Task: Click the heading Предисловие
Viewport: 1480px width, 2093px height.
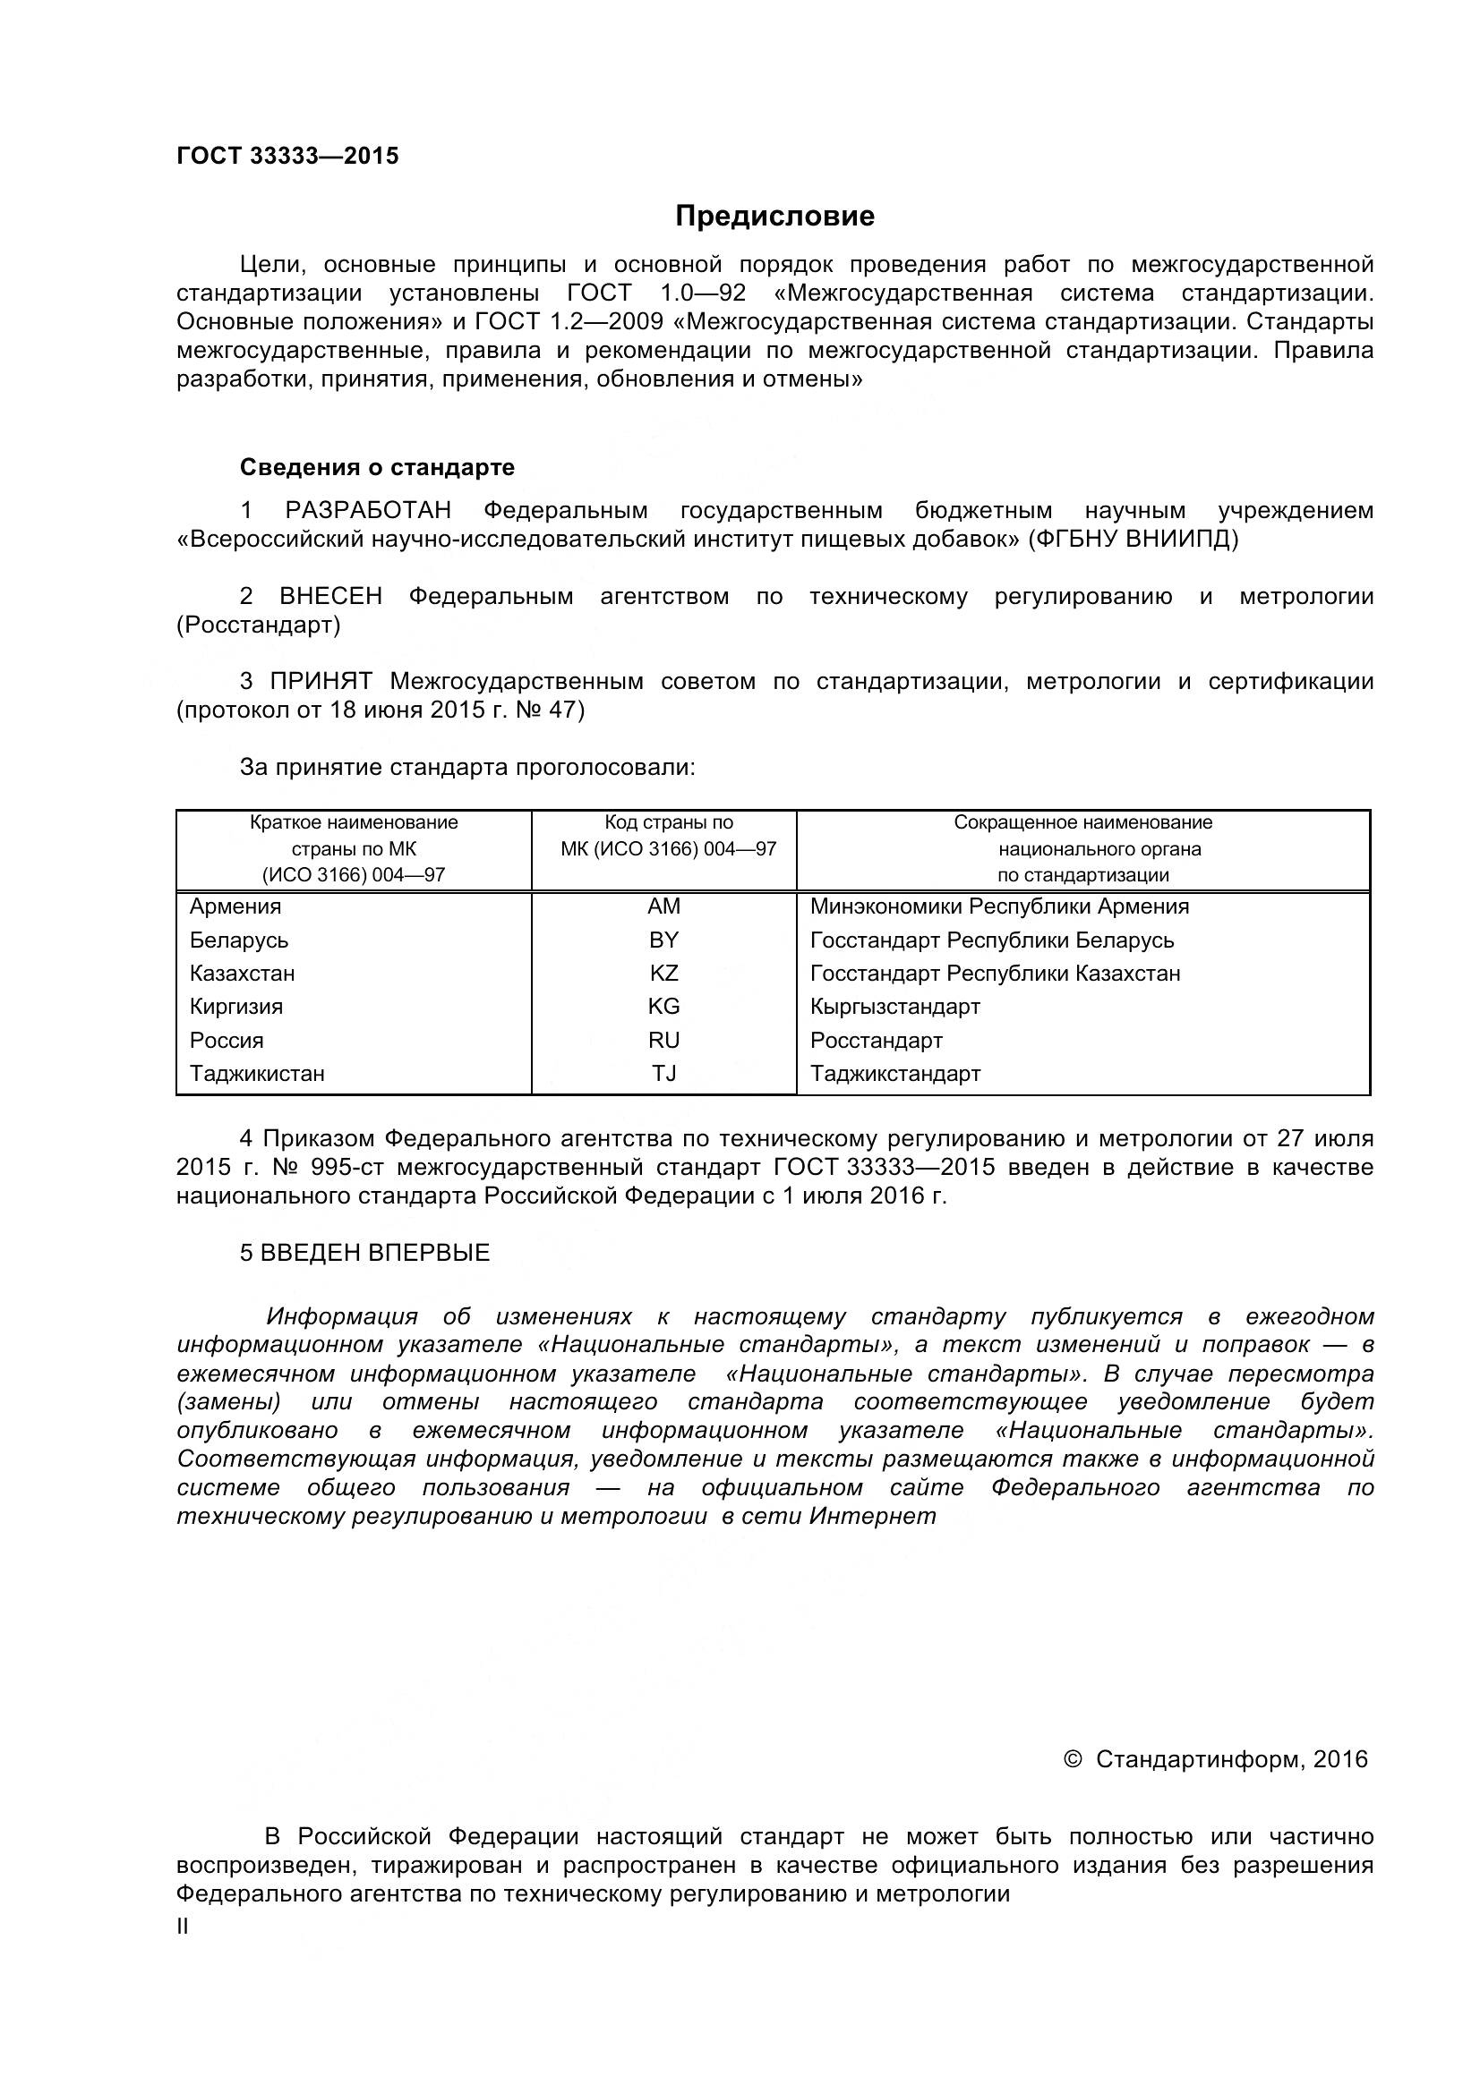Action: point(774,216)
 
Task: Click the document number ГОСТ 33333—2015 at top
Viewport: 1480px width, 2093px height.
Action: point(287,156)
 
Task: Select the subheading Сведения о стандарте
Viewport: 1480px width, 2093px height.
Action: point(377,468)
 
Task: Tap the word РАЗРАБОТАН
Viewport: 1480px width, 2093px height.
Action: point(367,510)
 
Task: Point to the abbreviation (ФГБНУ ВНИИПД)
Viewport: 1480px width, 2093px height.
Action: point(1133,540)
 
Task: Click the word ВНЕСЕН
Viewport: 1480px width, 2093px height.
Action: point(330,596)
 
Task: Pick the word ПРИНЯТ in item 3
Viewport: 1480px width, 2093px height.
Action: point(321,681)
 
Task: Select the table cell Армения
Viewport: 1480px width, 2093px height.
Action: point(235,906)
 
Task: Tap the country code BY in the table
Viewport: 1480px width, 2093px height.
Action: point(663,940)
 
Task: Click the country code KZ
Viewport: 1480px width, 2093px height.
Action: point(663,973)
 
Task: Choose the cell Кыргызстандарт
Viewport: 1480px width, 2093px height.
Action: point(894,1007)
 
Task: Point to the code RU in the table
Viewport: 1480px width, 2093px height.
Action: point(663,1040)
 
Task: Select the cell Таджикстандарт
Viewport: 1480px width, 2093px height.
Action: point(894,1073)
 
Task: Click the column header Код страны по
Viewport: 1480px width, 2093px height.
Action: point(669,822)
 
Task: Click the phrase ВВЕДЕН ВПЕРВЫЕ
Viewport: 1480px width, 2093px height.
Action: point(375,1253)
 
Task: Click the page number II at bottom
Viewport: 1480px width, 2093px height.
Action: point(183,1927)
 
